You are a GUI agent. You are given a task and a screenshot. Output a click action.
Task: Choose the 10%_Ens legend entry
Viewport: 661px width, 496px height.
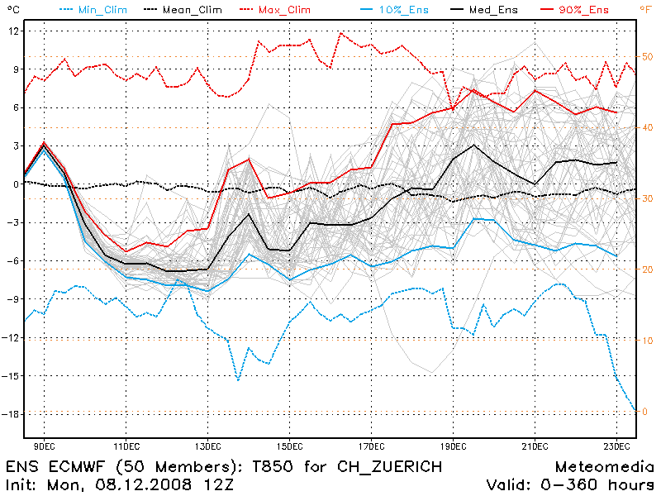393,9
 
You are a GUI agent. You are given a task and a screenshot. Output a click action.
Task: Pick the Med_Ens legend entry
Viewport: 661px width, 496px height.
491,9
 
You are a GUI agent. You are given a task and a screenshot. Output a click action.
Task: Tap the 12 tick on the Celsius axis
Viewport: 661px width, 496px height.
14,31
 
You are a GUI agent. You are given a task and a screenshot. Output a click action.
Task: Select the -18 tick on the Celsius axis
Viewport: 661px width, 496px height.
12,413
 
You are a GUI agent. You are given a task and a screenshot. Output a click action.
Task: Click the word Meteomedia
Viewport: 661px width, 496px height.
602,467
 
